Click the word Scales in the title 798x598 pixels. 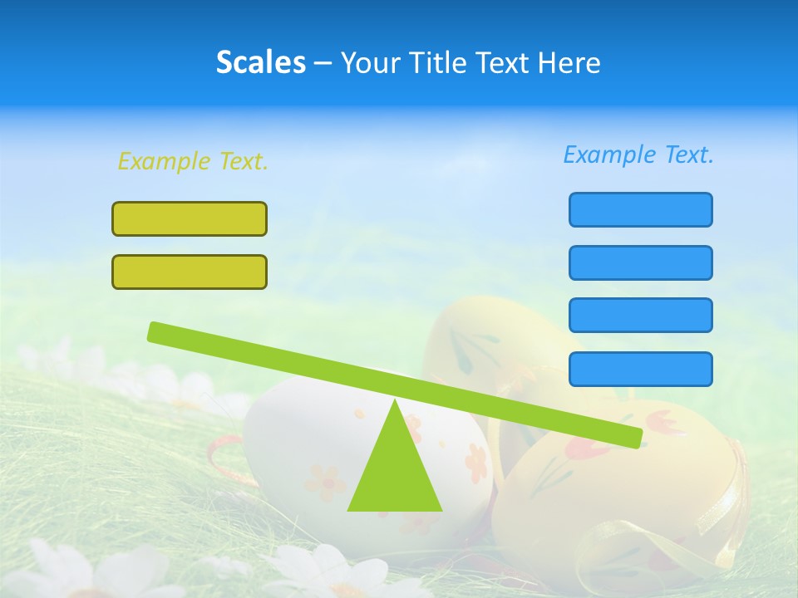point(260,62)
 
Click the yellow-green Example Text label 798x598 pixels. point(193,161)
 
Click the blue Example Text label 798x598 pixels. point(638,154)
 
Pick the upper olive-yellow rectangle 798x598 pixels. point(190,218)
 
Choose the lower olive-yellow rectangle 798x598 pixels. point(190,272)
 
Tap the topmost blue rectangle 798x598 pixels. point(640,209)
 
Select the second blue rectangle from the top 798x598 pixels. point(640,262)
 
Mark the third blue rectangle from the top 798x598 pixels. point(640,315)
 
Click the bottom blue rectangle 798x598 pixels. point(640,369)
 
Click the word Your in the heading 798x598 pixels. point(368,62)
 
